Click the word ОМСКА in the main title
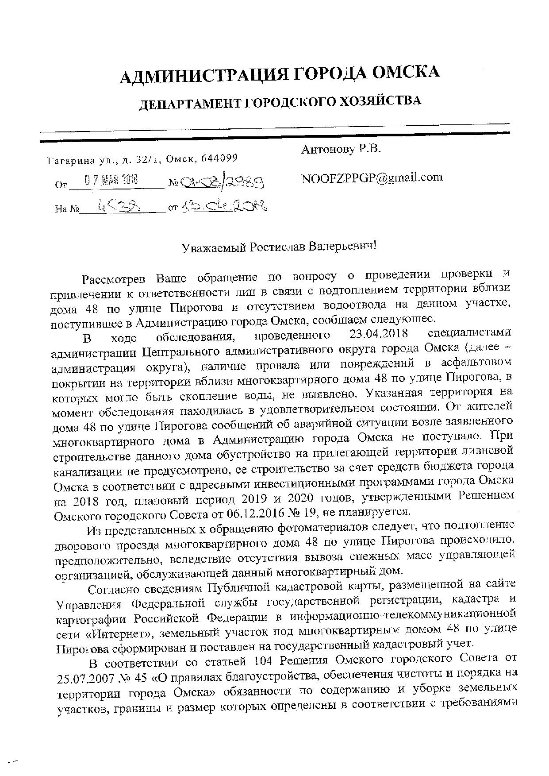click(x=405, y=73)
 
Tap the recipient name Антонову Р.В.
click(x=341, y=150)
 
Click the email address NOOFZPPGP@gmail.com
click(x=372, y=178)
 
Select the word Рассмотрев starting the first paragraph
click(x=115, y=279)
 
